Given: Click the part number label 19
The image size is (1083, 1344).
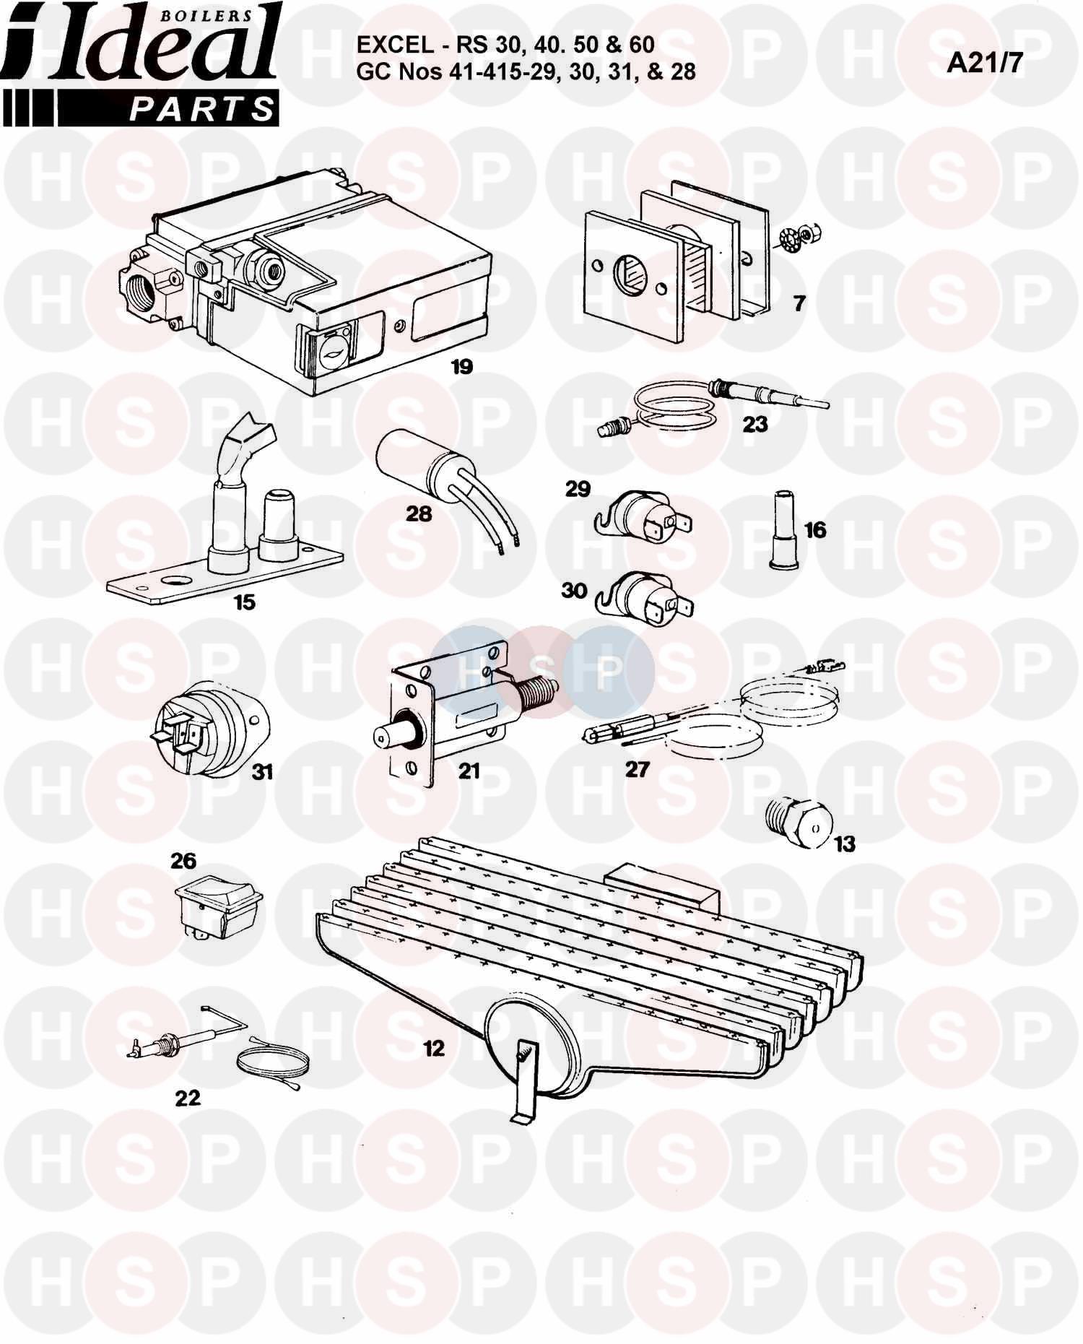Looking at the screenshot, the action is pyautogui.click(x=461, y=367).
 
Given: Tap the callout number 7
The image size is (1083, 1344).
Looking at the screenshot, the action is pyautogui.click(x=799, y=303).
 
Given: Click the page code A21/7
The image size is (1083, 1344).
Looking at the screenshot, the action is pyautogui.click(x=986, y=64).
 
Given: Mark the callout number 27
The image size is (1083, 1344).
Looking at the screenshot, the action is pyautogui.click(x=638, y=770).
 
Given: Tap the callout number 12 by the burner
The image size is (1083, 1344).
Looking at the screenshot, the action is pyautogui.click(x=434, y=1048).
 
